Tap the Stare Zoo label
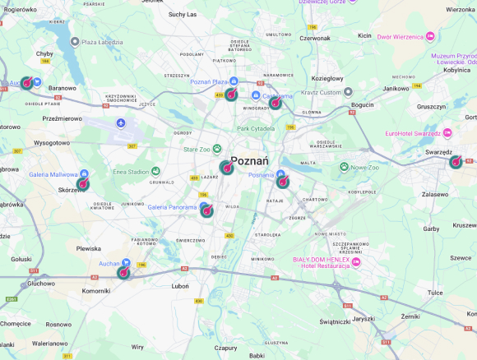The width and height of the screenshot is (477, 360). point(197,149)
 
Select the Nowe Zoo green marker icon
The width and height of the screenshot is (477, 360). point(345,167)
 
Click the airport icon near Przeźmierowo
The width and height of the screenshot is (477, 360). point(122,123)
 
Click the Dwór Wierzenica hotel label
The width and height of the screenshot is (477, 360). point(406,36)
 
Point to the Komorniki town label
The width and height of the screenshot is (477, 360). point(96,290)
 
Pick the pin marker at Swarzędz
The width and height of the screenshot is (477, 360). point(456,162)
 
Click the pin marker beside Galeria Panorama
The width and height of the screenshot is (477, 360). point(206,210)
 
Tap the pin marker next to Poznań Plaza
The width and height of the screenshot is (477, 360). point(232,94)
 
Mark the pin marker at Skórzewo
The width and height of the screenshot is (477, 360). point(83,182)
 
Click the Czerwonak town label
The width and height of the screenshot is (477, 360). point(315,37)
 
